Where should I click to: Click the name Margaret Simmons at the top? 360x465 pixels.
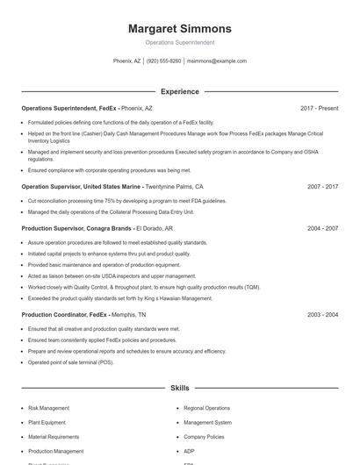tap(179, 28)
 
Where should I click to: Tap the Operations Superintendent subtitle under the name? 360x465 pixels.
tap(179, 42)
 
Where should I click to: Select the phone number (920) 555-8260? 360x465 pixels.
tap(164, 61)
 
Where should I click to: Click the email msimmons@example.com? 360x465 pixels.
tap(217, 61)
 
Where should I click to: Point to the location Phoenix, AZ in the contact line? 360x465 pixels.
tap(126, 61)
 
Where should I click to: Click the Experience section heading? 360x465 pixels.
tap(179, 91)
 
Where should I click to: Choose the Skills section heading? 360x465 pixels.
tap(179, 387)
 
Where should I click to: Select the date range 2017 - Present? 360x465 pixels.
tap(319, 109)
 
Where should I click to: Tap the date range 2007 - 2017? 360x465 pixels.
tap(322, 187)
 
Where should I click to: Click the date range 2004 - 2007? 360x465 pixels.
tap(322, 228)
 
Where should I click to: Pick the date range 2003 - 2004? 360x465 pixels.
tap(322, 314)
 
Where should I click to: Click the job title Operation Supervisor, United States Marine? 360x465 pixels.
tap(81, 187)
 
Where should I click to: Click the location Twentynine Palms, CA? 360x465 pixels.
tap(174, 187)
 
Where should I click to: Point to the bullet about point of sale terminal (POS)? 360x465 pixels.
tap(70, 362)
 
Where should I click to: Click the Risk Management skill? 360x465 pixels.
tap(48, 408)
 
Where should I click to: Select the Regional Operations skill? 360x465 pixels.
tap(206, 408)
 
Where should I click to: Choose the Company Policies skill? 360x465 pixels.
tap(204, 437)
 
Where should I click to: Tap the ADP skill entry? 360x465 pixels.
tap(189, 451)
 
